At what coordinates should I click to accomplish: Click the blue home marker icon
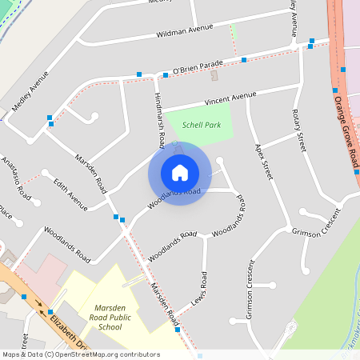click(179, 172)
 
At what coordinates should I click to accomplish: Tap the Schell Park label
click(201, 125)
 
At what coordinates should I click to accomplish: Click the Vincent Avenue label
click(230, 98)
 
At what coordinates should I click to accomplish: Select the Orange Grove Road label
click(346, 131)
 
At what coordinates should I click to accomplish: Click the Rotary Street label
click(299, 130)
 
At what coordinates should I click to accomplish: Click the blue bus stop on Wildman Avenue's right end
click(311, 40)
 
